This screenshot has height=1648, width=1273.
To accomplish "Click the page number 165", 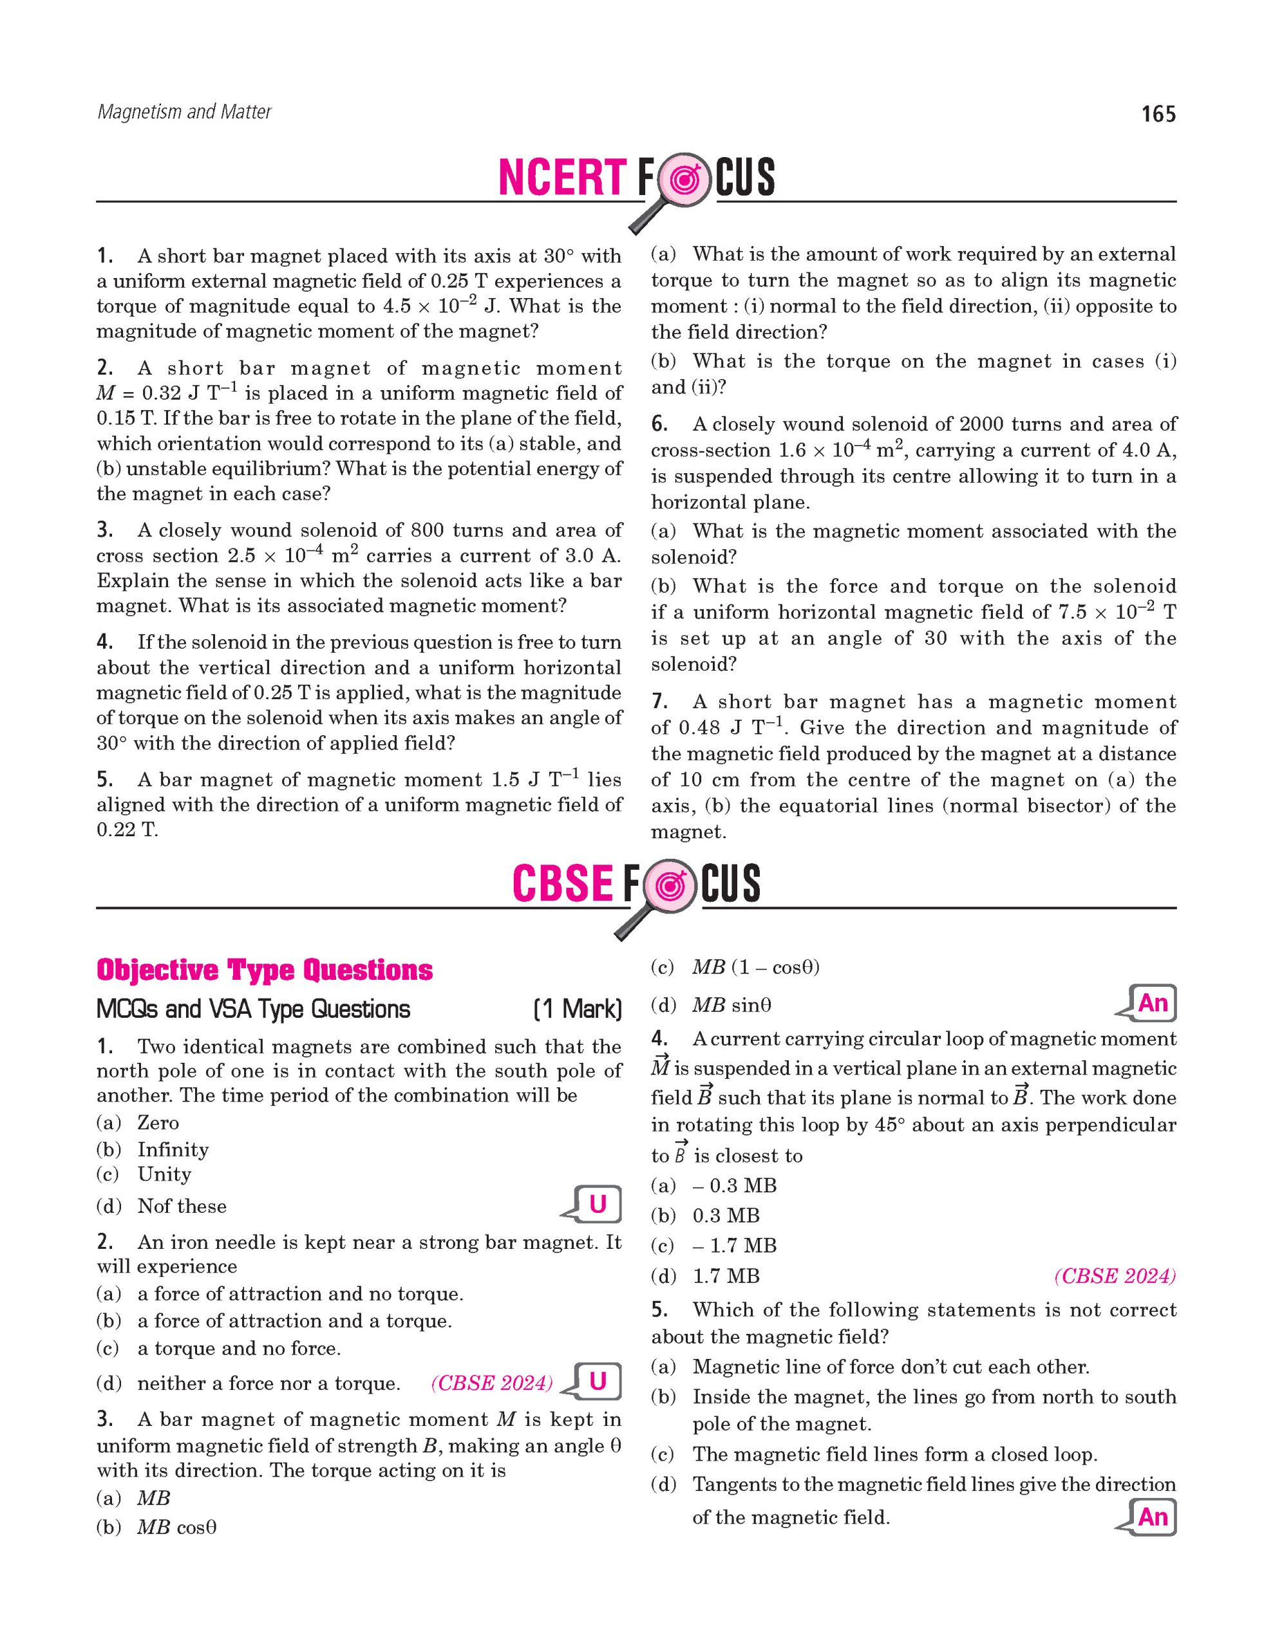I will tap(1158, 115).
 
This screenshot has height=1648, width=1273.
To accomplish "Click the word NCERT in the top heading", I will tap(561, 178).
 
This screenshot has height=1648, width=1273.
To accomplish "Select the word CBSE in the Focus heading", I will tap(562, 884).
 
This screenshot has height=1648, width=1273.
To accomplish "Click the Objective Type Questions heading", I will tap(264, 970).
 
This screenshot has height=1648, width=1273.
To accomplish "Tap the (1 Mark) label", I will tap(578, 1009).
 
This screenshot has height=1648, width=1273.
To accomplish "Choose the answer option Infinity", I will tap(173, 1149).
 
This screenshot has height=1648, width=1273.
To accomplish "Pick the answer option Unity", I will tap(164, 1174).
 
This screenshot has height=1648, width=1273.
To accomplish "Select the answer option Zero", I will tap(158, 1123).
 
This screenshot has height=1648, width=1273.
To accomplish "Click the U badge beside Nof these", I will tap(597, 1204).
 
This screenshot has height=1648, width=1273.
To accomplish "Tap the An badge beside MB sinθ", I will tap(1152, 1004).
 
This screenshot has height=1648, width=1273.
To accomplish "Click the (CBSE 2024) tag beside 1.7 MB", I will tap(1115, 1276).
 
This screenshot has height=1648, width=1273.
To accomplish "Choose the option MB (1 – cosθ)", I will tap(755, 968).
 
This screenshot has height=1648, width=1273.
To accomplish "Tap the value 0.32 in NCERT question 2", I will tap(165, 393).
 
